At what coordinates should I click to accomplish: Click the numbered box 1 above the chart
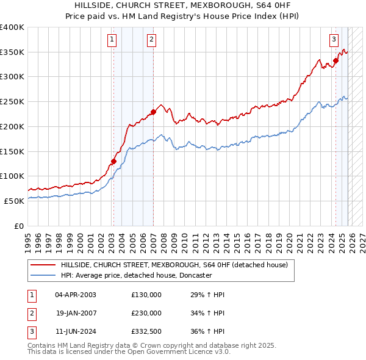112,40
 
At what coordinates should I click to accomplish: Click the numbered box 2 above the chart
151,40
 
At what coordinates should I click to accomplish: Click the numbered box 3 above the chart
334,40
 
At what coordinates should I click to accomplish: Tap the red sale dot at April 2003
113,162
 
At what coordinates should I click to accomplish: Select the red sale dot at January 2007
153,112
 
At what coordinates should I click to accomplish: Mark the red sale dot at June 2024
335,60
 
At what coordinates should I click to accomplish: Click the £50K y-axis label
13,201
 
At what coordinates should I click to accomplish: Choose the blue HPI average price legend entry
136,275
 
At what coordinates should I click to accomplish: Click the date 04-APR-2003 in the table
75,295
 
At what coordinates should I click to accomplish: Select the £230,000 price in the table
146,313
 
